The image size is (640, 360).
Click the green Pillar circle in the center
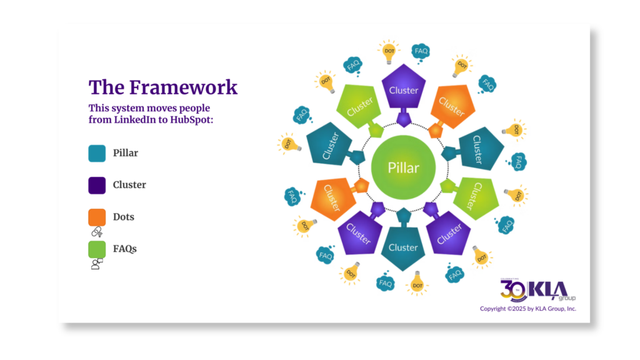403,167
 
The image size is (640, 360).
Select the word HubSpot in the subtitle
191,119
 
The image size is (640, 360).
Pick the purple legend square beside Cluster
97,185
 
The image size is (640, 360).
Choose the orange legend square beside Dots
97,217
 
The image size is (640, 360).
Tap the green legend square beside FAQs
97,249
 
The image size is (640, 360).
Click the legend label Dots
124,217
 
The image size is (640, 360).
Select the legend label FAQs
125,249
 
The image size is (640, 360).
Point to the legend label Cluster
129,185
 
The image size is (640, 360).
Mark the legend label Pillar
126,152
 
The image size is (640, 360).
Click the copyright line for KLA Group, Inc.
528,309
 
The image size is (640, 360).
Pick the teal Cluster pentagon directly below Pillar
403,247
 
